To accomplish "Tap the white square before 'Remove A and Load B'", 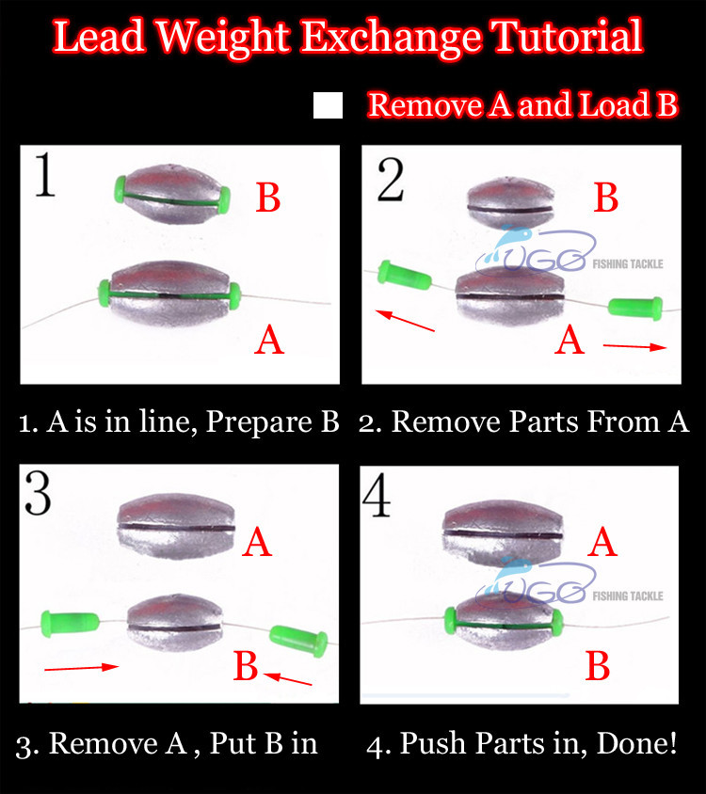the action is point(328,105).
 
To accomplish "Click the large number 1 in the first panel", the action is point(44,174).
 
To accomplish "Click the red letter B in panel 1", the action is point(268,198).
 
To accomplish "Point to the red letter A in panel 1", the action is point(268,340).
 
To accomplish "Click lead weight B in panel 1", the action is point(172,194).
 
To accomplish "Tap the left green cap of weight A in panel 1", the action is point(104,294).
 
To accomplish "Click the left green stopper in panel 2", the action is point(405,275).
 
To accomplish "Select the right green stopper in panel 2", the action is point(635,308).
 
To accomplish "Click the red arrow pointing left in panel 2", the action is point(405,321).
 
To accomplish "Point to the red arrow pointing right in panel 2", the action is point(634,347).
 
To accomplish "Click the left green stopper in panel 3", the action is point(70,622).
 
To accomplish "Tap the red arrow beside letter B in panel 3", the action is point(287,678).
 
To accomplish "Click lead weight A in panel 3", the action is point(176,527).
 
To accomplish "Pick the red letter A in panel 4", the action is point(602,542).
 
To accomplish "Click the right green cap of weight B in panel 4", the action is point(557,623).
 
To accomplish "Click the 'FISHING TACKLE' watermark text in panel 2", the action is point(628,263).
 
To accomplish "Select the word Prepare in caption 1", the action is point(260,421).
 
